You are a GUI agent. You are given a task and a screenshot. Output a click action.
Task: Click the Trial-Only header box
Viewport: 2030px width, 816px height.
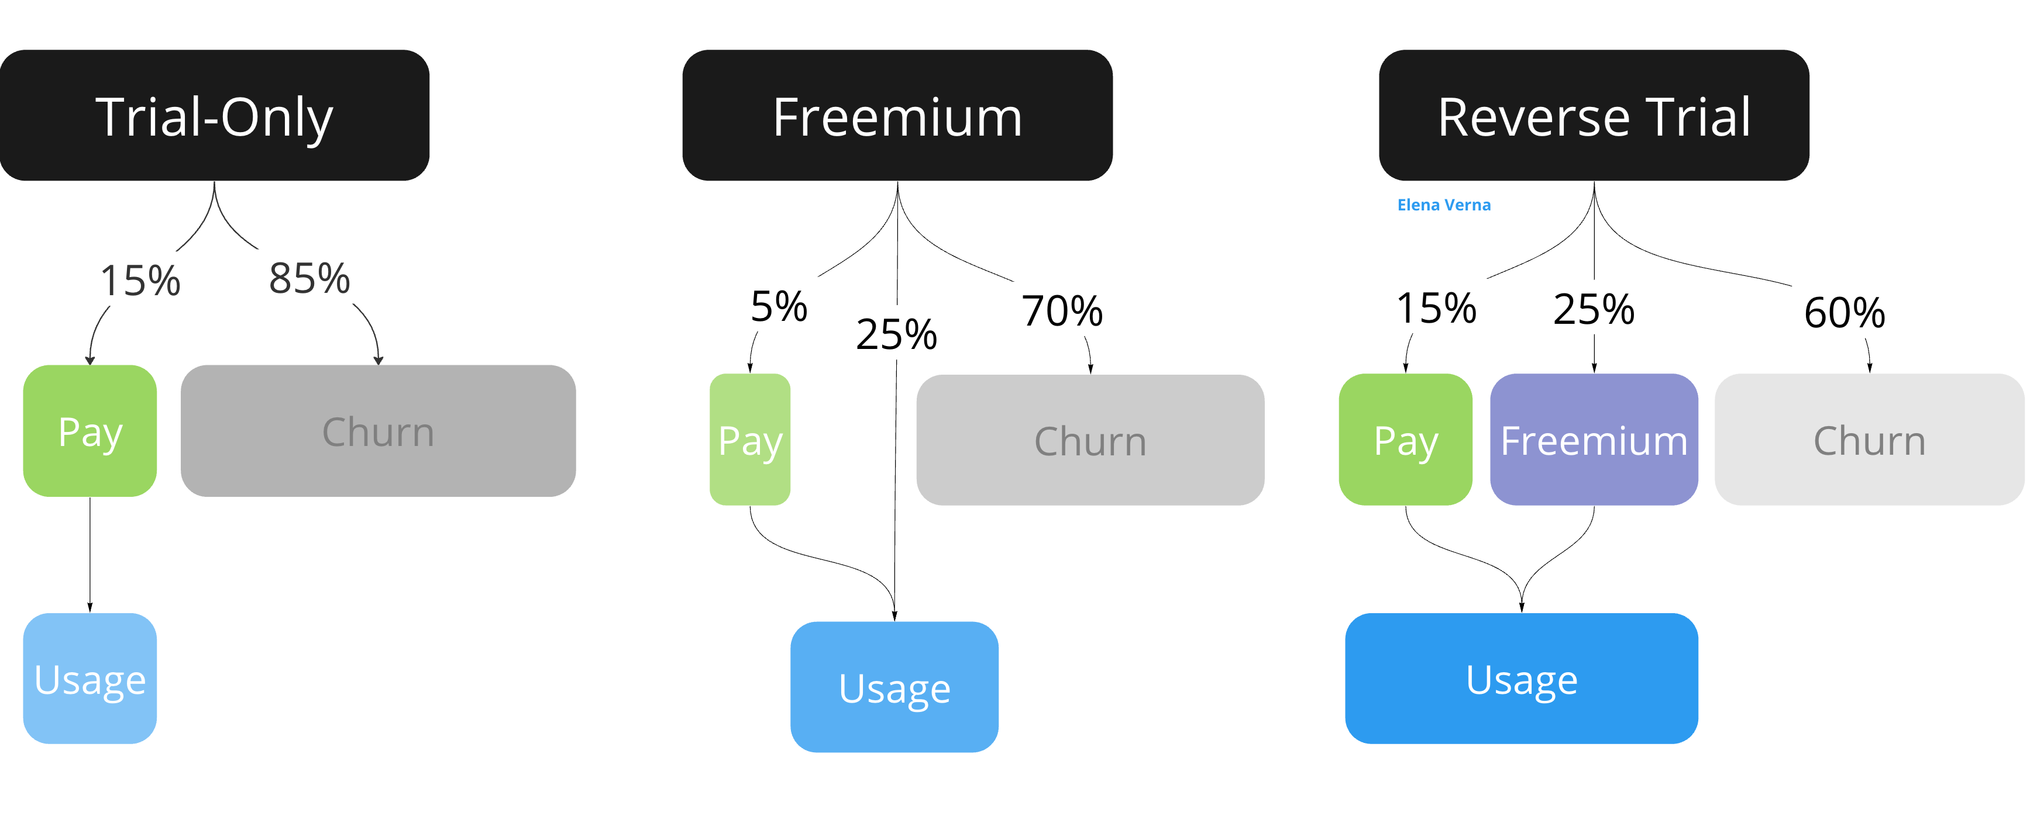pos(214,116)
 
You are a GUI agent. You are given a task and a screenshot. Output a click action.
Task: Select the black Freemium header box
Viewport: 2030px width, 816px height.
pos(897,116)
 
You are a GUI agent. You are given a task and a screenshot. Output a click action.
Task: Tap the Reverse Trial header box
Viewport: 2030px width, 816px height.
pos(1594,116)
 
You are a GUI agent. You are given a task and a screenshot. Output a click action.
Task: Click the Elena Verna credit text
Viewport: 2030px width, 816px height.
pos(1444,205)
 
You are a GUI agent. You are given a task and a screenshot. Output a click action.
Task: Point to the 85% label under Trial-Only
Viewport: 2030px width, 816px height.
pos(309,278)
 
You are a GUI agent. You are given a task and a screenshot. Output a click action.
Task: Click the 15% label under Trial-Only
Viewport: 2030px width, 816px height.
pos(140,281)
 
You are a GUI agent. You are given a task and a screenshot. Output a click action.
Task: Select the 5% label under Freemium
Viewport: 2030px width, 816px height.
pos(779,306)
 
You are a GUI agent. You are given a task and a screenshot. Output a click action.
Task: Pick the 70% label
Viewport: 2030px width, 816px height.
pos(1061,310)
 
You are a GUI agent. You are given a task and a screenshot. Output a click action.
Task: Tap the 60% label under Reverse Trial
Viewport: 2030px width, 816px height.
pos(1844,313)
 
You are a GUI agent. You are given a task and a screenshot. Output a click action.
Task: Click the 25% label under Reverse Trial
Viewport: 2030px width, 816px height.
pos(1594,309)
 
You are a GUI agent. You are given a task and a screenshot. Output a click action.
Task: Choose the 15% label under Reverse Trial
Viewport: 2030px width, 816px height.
pos(1436,307)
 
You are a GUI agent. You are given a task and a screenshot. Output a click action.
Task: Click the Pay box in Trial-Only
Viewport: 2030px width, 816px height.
pos(90,431)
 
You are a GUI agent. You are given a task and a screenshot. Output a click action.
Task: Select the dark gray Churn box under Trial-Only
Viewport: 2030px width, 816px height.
pos(379,431)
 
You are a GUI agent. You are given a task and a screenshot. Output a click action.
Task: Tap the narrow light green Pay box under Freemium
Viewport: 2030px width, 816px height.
pos(749,440)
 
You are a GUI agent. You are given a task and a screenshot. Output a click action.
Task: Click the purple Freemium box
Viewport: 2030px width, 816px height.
pos(1594,440)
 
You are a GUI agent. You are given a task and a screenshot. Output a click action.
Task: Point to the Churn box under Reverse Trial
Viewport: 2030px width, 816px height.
pos(1869,440)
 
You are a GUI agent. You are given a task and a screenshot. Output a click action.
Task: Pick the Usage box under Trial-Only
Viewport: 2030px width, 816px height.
pos(90,678)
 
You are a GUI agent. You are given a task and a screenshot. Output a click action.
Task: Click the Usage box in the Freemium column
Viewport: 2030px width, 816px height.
pos(894,687)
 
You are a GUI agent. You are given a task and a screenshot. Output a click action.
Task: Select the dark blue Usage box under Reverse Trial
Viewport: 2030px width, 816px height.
pos(1521,678)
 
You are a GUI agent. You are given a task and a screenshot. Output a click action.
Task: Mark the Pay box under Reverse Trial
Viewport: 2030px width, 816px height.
pos(1405,440)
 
